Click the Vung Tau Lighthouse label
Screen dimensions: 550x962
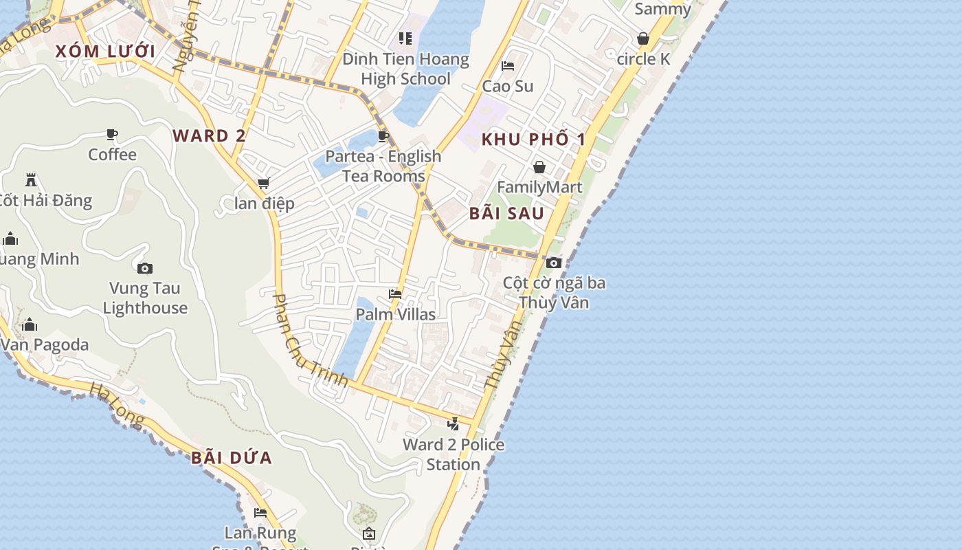(x=145, y=298)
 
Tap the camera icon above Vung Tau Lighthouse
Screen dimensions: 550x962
(x=144, y=268)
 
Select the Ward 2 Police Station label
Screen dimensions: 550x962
(x=454, y=454)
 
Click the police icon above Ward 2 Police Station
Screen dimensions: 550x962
(x=453, y=423)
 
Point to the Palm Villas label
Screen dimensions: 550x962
(x=395, y=314)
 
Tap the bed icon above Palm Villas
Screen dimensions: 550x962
(x=395, y=294)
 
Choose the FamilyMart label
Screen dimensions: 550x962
(x=539, y=187)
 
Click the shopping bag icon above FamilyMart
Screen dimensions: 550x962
(x=539, y=167)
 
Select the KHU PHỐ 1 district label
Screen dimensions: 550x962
(x=533, y=140)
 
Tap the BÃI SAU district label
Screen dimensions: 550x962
(x=506, y=213)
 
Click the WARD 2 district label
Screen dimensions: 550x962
(x=209, y=135)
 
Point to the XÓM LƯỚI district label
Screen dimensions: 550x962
(x=105, y=51)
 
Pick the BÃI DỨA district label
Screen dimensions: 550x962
(x=232, y=457)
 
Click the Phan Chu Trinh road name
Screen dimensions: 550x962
(x=309, y=340)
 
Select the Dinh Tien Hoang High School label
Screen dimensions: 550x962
(x=405, y=69)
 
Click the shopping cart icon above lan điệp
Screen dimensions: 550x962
(x=263, y=184)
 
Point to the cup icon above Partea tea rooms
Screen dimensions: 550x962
(x=383, y=137)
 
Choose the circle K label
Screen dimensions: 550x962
(x=643, y=59)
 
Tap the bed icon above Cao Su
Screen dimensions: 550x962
(x=508, y=66)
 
